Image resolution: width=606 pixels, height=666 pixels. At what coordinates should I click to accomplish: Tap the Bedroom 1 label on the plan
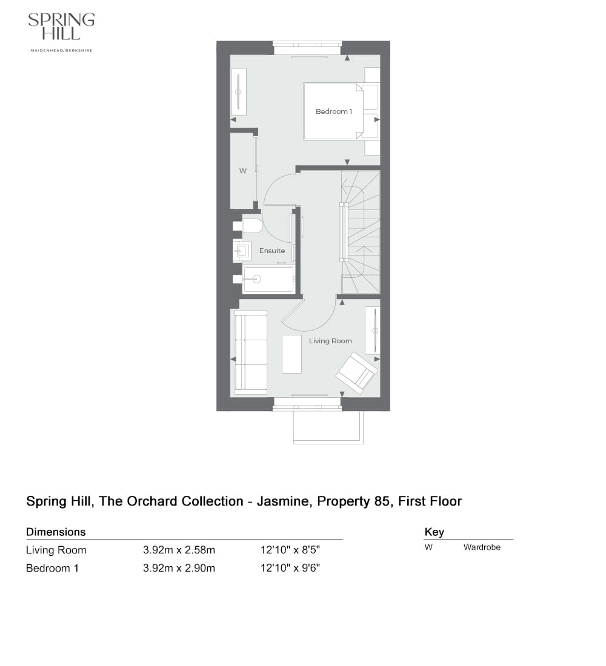point(333,111)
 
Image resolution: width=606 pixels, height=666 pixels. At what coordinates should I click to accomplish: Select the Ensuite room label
point(272,251)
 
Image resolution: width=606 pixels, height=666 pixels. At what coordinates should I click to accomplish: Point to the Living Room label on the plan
point(330,341)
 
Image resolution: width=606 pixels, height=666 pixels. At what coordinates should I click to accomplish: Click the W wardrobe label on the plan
point(242,171)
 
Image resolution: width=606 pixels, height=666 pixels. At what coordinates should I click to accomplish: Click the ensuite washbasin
point(244,250)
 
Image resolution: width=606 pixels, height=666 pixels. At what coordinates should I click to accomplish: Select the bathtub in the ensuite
point(268,279)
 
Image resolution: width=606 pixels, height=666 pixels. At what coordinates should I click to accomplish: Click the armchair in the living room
point(357,371)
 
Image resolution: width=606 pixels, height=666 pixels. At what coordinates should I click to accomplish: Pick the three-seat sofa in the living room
point(251,352)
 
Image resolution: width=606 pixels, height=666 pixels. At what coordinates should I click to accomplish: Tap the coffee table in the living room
point(291,354)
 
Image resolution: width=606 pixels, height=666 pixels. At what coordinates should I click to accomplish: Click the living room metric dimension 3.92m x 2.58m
point(179,550)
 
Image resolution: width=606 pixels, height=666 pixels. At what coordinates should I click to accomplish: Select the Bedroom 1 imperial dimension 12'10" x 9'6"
point(290,569)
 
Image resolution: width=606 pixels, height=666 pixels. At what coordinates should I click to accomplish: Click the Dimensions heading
point(56,532)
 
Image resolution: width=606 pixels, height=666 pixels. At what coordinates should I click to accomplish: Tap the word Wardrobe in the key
point(482,547)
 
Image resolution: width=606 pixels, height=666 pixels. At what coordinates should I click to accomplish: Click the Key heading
point(434,532)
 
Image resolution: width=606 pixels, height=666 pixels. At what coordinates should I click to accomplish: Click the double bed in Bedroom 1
point(332,111)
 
